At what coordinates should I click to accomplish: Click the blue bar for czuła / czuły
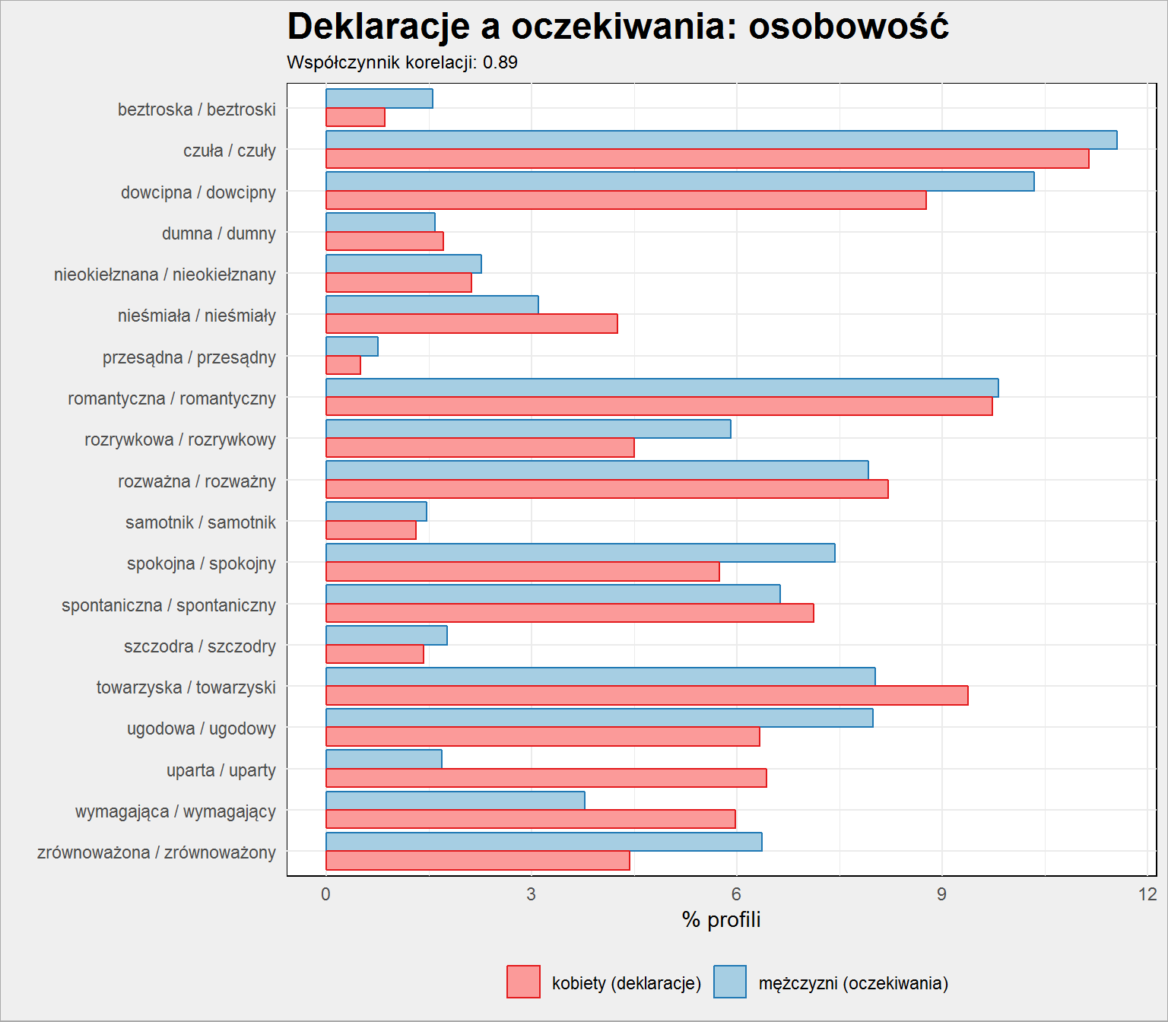pos(721,140)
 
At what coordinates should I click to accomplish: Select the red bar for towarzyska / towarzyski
pos(647,696)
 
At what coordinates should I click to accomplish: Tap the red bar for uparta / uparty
pos(546,778)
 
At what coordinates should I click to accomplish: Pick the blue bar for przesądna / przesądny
pos(351,347)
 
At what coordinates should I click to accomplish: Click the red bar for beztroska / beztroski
pos(355,117)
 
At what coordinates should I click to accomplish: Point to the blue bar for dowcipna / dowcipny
pos(680,182)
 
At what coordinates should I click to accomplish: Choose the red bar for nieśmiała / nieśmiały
pos(471,324)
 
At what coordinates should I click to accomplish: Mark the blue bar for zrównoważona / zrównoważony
pos(544,842)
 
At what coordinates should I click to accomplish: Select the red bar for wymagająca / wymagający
pos(530,819)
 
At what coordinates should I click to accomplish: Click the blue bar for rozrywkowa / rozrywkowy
pos(528,429)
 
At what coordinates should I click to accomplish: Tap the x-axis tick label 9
pos(941,894)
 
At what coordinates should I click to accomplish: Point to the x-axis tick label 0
pos(325,894)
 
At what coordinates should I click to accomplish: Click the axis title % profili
pos(721,920)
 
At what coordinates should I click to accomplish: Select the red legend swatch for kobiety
pos(523,982)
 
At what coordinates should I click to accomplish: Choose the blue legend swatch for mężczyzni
pos(729,982)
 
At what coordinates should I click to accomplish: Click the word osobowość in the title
pos(849,27)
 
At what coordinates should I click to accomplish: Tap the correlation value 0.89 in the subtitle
pos(500,62)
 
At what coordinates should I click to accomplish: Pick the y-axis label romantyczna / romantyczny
pos(172,398)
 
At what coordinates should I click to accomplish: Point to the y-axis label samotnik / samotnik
pos(201,522)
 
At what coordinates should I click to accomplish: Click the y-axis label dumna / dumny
pos(219,233)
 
